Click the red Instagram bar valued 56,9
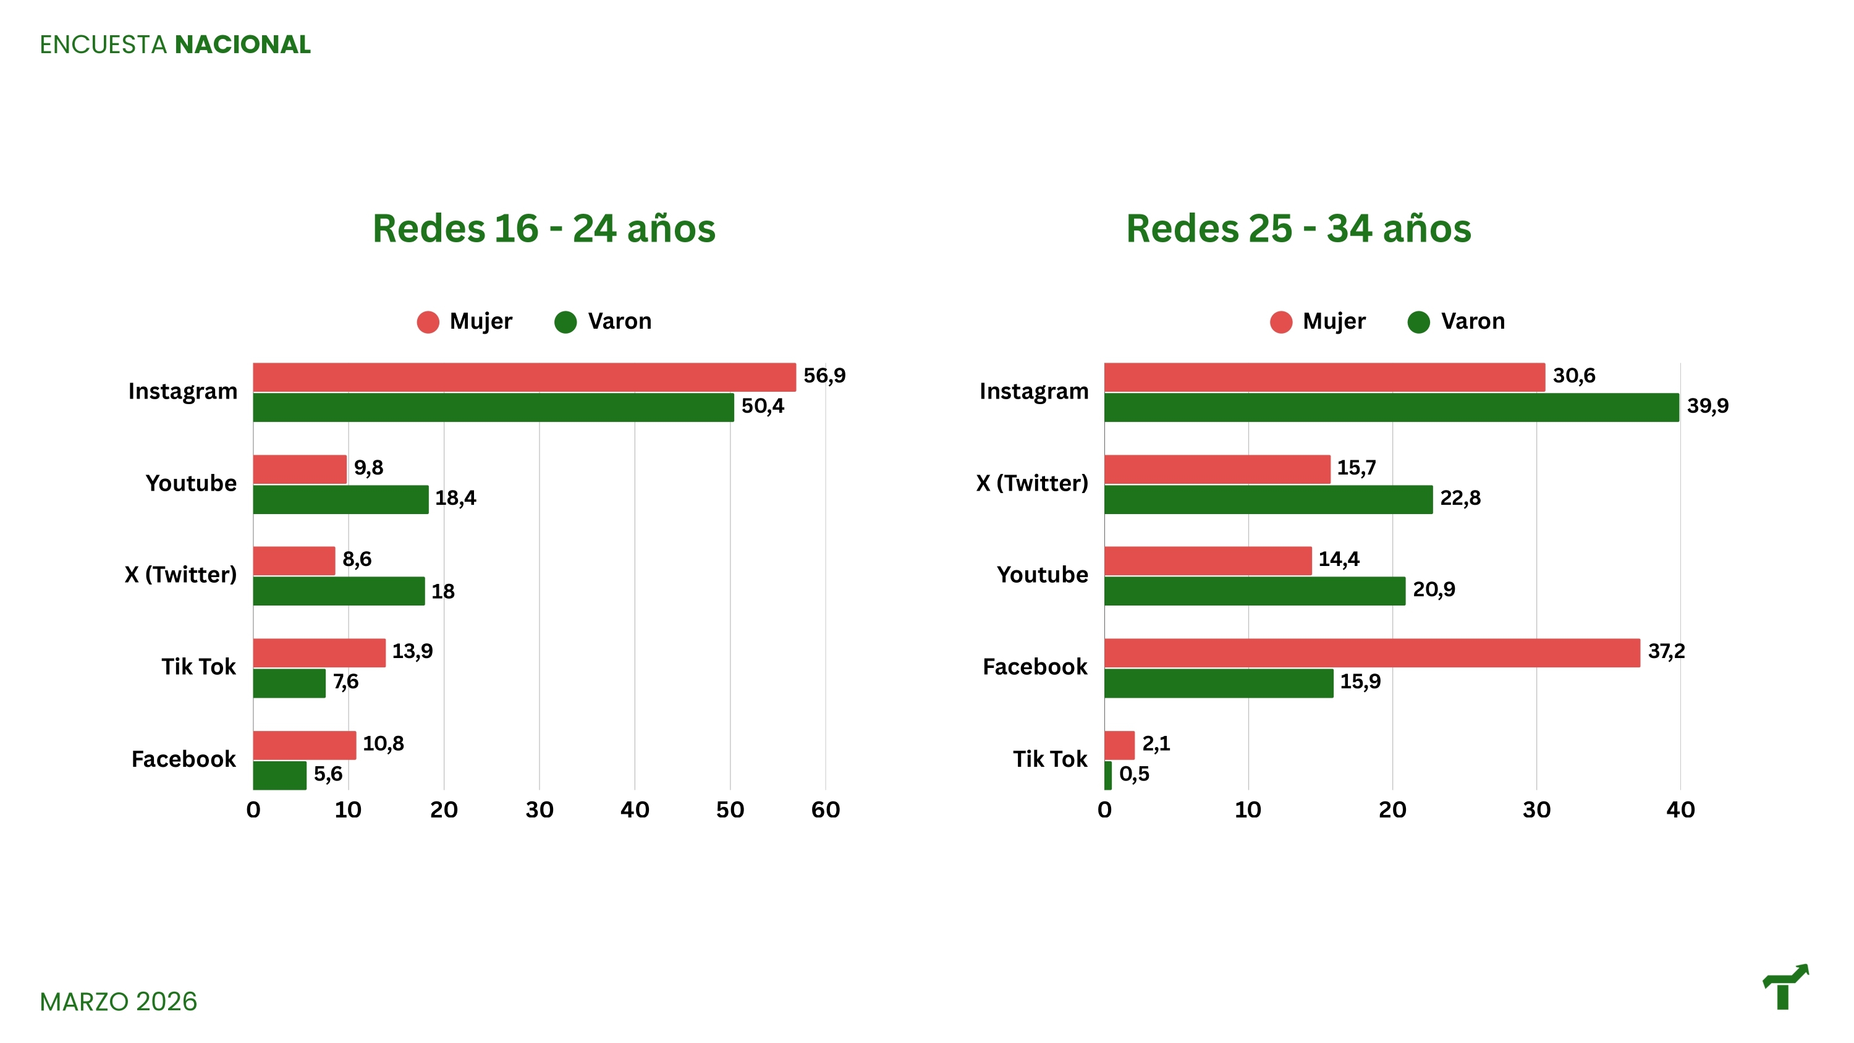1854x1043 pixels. click(x=524, y=377)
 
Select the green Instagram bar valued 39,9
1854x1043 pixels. click(x=1390, y=407)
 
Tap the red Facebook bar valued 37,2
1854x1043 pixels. click(x=1371, y=653)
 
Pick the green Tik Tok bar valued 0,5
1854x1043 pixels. click(x=1107, y=775)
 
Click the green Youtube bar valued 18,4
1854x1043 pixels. click(x=341, y=499)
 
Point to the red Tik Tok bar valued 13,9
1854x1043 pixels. click(x=319, y=653)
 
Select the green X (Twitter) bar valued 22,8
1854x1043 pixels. click(x=1268, y=499)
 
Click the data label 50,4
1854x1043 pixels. click(x=762, y=406)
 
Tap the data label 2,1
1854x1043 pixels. click(x=1156, y=743)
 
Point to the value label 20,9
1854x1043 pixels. click(x=1433, y=589)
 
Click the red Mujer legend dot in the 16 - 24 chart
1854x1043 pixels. click(x=428, y=322)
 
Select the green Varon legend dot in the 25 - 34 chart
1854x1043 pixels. click(x=1418, y=322)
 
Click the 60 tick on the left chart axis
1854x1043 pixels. click(x=825, y=810)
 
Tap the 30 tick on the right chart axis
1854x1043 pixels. click(x=1536, y=810)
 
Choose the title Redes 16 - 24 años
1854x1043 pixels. click(x=543, y=229)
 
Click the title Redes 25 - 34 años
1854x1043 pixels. click(x=1298, y=229)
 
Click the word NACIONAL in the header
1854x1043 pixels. click(x=242, y=44)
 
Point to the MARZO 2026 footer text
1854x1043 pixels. click(x=118, y=1001)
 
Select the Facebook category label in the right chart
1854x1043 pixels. click(x=1035, y=667)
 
